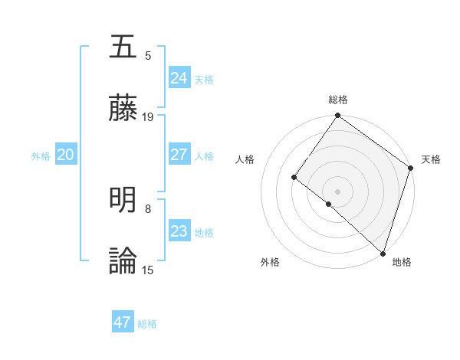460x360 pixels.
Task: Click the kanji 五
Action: click(123, 47)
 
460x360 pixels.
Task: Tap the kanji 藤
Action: click(123, 108)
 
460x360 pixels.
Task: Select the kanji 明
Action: click(123, 200)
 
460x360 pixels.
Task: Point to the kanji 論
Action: click(123, 261)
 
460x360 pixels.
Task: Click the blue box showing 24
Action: click(179, 78)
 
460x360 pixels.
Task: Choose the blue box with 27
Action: click(179, 155)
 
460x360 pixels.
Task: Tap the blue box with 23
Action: click(179, 231)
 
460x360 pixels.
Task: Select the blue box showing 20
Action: click(65, 155)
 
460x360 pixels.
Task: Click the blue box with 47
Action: click(122, 322)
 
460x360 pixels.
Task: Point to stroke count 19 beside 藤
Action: click(148, 117)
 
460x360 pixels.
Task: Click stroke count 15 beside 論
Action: click(148, 270)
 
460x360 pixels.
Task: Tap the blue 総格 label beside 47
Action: click(147, 324)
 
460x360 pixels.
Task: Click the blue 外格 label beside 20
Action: click(41, 156)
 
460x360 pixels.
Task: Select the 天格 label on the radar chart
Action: click(431, 159)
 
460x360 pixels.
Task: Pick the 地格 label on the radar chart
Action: click(402, 262)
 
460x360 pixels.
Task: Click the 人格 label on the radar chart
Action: click(245, 159)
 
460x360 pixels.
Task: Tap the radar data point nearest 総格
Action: click(337, 116)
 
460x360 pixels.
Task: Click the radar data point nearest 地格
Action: click(383, 253)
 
